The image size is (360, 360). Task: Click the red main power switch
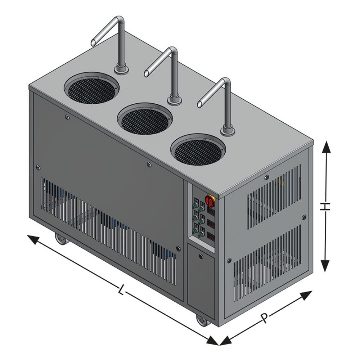210,201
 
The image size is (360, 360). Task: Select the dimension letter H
325,206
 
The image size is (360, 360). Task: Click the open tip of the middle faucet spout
146,73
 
